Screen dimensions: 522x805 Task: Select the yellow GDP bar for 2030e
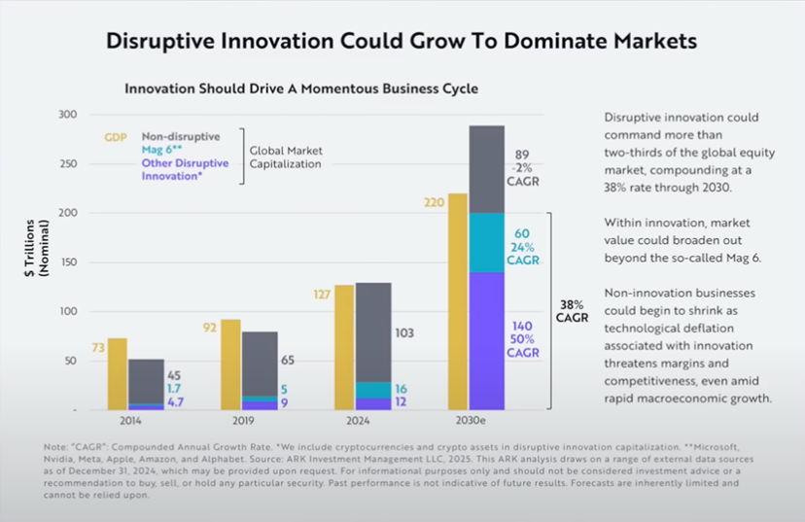tap(457, 301)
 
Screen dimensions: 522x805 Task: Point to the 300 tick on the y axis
tap(67, 115)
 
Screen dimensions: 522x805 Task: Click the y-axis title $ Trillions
tap(32, 248)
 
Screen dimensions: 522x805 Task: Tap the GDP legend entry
tap(117, 137)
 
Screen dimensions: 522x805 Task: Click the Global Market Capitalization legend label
tap(286, 157)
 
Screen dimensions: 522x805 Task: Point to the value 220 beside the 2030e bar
tap(433, 202)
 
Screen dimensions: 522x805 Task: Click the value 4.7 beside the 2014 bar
tap(175, 400)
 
